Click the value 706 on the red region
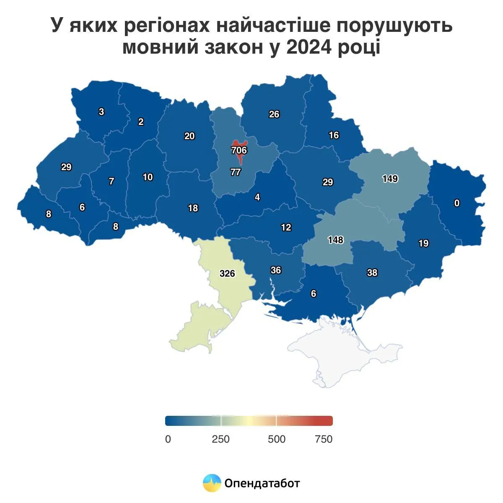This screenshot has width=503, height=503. [239, 150]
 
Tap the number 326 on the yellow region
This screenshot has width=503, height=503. [227, 274]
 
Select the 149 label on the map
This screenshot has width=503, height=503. [390, 179]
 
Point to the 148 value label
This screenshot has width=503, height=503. [336, 240]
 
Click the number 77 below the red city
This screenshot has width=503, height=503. [236, 172]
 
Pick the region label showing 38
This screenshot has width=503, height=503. [372, 273]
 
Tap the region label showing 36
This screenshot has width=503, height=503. [276, 270]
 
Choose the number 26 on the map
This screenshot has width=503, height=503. [274, 114]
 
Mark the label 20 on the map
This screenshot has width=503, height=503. [189, 136]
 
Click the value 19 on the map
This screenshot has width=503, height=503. [423, 243]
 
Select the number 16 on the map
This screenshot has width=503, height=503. [334, 135]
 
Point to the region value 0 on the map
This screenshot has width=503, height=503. [457, 203]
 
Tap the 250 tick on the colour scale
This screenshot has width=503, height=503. [220, 439]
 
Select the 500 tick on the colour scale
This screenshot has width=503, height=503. [277, 439]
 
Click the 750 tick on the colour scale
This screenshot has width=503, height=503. [323, 439]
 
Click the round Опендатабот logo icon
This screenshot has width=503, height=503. [212, 483]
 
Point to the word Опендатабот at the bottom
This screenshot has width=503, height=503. [262, 483]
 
